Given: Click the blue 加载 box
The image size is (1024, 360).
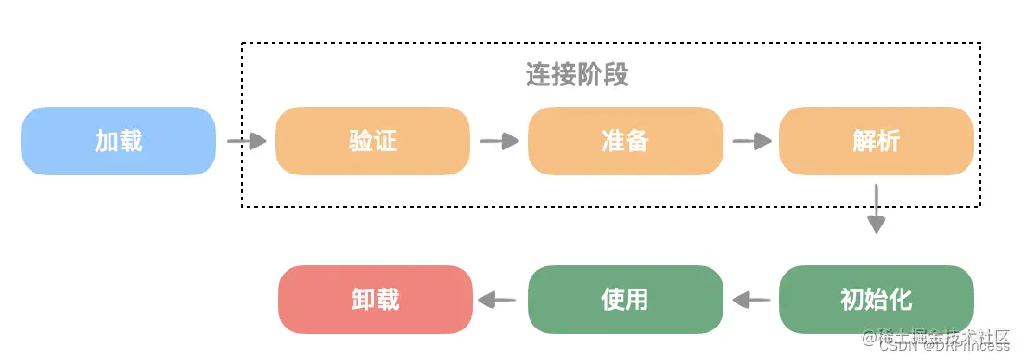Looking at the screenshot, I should point(119,141).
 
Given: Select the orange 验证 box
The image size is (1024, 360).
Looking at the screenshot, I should point(372,141).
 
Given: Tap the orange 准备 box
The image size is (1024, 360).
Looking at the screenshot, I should point(624,141).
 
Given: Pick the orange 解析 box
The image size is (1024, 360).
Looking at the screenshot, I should point(876,141).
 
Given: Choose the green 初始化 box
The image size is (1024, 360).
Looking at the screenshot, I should point(876,300).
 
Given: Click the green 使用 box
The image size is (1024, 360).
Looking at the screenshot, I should point(624,300).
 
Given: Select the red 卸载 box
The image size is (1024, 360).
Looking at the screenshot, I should point(376,300).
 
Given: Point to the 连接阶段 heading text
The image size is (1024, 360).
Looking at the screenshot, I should point(577,75).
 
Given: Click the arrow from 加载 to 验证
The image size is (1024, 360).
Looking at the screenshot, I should point(247,141).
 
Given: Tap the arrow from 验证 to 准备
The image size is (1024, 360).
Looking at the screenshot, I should point(499,141).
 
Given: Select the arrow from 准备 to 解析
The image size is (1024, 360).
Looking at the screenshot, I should point(751,141).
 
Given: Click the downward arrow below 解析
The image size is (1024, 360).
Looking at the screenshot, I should point(876,209).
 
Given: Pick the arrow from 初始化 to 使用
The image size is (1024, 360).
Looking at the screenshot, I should point(751,300).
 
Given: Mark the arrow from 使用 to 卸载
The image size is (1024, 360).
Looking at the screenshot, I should point(498,300).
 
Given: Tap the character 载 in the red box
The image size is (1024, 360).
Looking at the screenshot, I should point(388,300).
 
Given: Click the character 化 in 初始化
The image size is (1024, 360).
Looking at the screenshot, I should point(900,300).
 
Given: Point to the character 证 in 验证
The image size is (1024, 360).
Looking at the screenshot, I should point(384,141).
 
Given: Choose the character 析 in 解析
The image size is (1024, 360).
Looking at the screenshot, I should point(888,141).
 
